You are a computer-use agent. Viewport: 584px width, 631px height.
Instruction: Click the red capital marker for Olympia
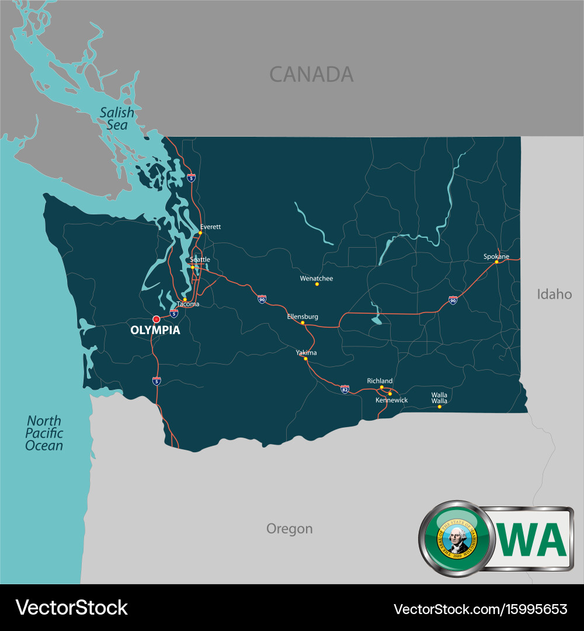156,319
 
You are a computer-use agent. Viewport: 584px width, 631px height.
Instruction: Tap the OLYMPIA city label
155,331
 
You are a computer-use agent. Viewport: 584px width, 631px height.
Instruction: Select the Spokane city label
496,256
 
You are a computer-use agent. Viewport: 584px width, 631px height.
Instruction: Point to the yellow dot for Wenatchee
317,284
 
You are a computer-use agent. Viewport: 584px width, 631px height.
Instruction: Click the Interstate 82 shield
345,389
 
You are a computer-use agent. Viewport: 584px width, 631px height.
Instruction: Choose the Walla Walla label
439,398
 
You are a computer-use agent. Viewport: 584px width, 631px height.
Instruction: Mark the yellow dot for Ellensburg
303,323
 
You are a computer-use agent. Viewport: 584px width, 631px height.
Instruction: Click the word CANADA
311,74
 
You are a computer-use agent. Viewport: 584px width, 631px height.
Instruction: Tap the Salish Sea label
116,119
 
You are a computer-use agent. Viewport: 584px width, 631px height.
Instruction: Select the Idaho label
554,294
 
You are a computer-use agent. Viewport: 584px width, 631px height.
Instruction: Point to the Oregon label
289,529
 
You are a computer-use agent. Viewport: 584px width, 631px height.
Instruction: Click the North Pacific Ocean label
44,433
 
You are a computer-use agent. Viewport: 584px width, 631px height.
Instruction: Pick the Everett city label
210,227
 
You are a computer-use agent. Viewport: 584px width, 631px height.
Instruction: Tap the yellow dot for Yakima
305,358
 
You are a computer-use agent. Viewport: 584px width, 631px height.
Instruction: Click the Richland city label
380,381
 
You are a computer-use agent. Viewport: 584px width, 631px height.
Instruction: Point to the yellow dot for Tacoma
185,299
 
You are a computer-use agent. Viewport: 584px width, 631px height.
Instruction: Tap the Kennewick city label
391,400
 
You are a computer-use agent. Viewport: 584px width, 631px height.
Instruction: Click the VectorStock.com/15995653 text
480,609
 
